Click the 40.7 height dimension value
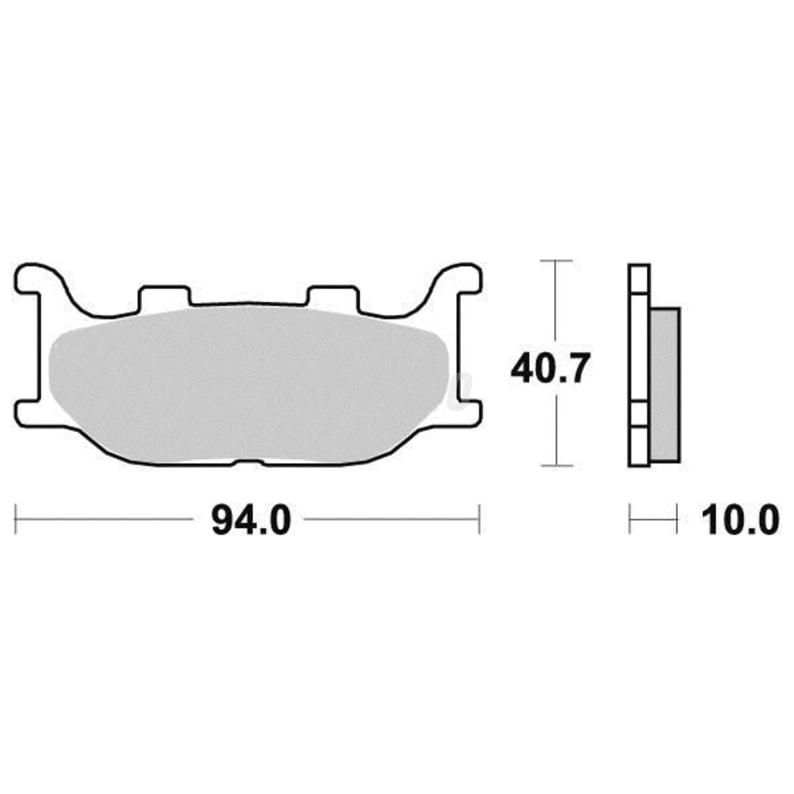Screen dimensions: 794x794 click(x=548, y=369)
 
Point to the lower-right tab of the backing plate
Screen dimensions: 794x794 click(x=469, y=413)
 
